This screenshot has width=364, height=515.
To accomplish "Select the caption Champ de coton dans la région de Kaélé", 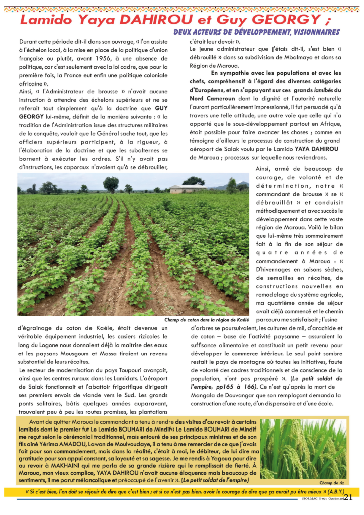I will [207, 320].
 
